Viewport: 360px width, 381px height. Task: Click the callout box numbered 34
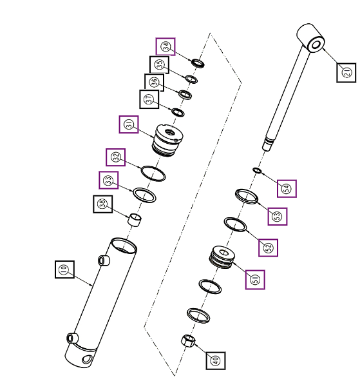[x=166, y=46]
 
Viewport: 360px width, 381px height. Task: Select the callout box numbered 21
[x=346, y=72]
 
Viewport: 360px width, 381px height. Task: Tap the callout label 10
[x=64, y=269]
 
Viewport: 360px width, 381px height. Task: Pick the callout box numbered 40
[x=216, y=360]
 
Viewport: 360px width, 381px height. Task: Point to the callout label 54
[x=287, y=188]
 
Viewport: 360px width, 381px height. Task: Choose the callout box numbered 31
[x=129, y=124]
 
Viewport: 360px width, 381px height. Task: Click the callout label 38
[x=103, y=204]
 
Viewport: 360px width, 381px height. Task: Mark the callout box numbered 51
[x=255, y=280]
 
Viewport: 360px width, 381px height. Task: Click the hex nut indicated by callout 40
[x=188, y=340]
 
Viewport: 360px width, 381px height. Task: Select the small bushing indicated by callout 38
[x=135, y=220]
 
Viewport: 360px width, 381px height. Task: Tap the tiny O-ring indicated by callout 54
[x=257, y=170]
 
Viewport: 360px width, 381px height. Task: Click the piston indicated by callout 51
[x=222, y=257]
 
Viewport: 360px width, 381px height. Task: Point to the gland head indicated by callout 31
[x=167, y=141]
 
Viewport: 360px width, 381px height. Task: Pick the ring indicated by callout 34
[x=198, y=63]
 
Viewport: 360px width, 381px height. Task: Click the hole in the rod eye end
[x=316, y=45]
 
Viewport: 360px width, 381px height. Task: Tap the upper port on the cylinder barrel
[x=104, y=260]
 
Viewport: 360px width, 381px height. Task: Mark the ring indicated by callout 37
[x=178, y=112]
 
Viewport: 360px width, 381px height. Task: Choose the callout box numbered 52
[x=269, y=248]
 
